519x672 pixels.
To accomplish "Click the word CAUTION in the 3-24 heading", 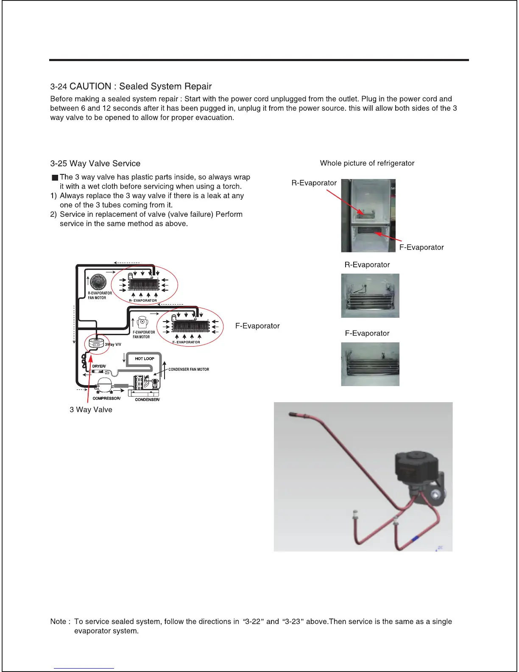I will click(x=90, y=87).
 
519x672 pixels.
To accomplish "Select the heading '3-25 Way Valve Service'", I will click(x=95, y=164).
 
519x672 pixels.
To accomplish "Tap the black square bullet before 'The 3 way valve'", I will click(x=55, y=178).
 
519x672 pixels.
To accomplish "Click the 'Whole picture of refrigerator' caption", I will click(x=367, y=163).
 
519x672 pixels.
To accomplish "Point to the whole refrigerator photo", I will click(x=368, y=216).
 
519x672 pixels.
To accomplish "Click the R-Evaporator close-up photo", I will click(x=370, y=295).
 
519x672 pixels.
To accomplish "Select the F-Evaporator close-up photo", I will click(x=370, y=364).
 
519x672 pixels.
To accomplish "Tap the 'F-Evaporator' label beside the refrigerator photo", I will click(x=421, y=247).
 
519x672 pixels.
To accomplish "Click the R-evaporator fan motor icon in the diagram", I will click(x=98, y=281).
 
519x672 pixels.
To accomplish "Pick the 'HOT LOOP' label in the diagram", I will click(x=144, y=359).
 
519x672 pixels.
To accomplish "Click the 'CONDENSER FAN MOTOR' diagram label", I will click(x=188, y=370).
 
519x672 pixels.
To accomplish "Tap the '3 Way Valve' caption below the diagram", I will click(x=91, y=410).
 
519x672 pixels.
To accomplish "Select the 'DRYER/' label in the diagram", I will click(x=99, y=366).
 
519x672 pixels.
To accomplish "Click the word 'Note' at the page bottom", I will click(x=58, y=622).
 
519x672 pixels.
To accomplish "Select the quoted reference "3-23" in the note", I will click(x=293, y=622).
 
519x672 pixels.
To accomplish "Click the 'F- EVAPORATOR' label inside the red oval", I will click(x=186, y=342).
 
